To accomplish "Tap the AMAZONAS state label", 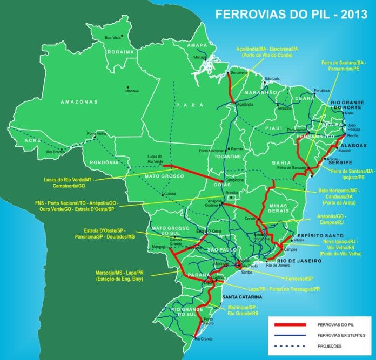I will [x=79, y=102].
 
